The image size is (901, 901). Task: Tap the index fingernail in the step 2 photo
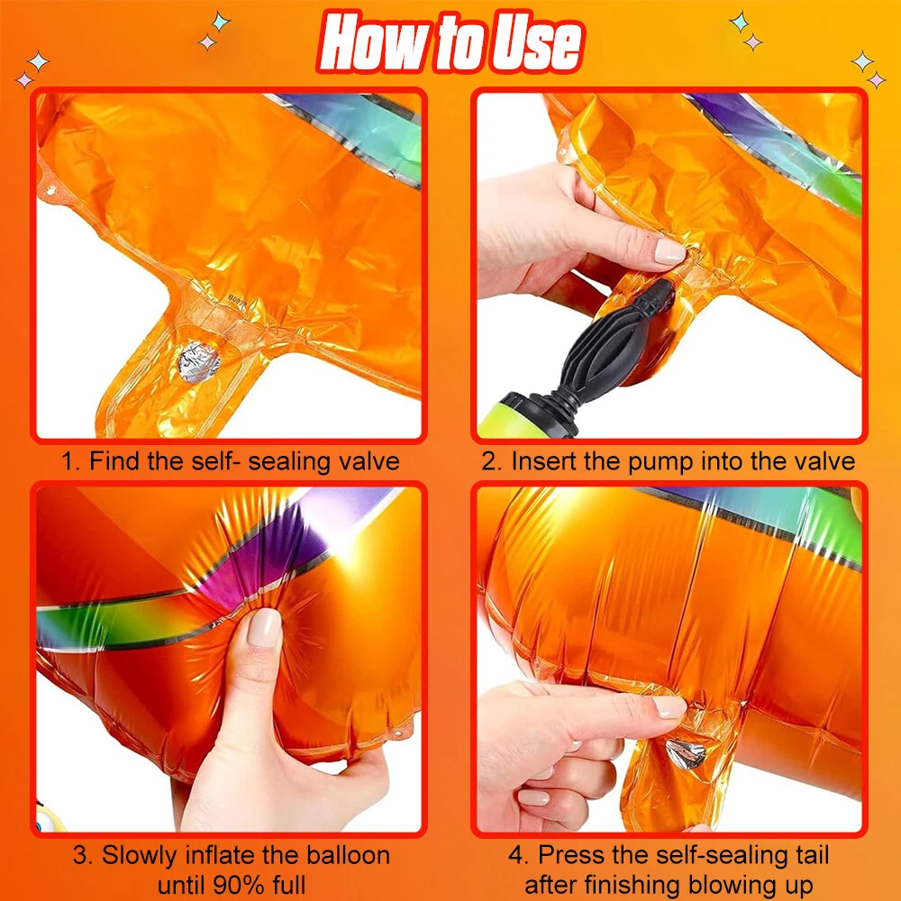pyautogui.click(x=670, y=250)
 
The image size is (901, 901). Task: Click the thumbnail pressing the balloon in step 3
pyautogui.click(x=264, y=627)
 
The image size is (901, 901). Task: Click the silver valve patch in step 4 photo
pyautogui.click(x=686, y=753)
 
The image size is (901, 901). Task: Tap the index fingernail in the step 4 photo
pyautogui.click(x=669, y=706)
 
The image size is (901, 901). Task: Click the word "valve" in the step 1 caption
pyautogui.click(x=369, y=461)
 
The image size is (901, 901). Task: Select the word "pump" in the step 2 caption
pyautogui.click(x=661, y=462)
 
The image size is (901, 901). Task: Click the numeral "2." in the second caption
pyautogui.click(x=493, y=461)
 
